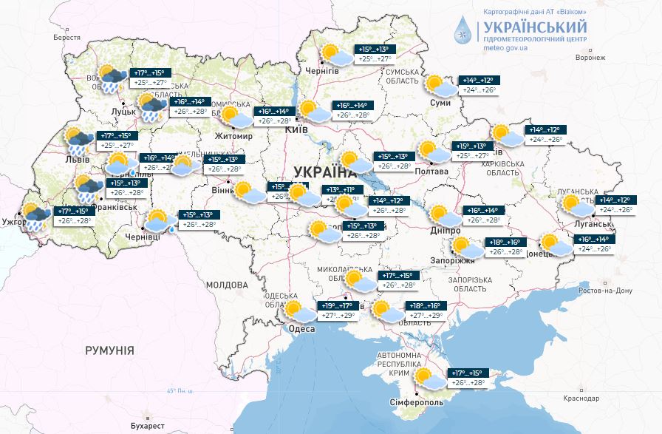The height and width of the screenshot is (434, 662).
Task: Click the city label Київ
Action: point(296,130)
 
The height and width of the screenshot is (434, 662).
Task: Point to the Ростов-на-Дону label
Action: point(607,291)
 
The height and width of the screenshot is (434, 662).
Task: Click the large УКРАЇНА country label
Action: point(324,172)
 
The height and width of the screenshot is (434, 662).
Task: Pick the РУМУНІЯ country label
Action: point(109,350)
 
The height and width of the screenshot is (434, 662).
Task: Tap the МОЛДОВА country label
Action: point(227,285)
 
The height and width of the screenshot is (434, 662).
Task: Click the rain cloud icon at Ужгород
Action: point(36,215)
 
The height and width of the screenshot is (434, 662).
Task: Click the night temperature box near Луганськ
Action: point(615,200)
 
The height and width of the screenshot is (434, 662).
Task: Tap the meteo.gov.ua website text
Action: point(505,47)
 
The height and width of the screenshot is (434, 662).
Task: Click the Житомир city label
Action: point(233,137)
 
